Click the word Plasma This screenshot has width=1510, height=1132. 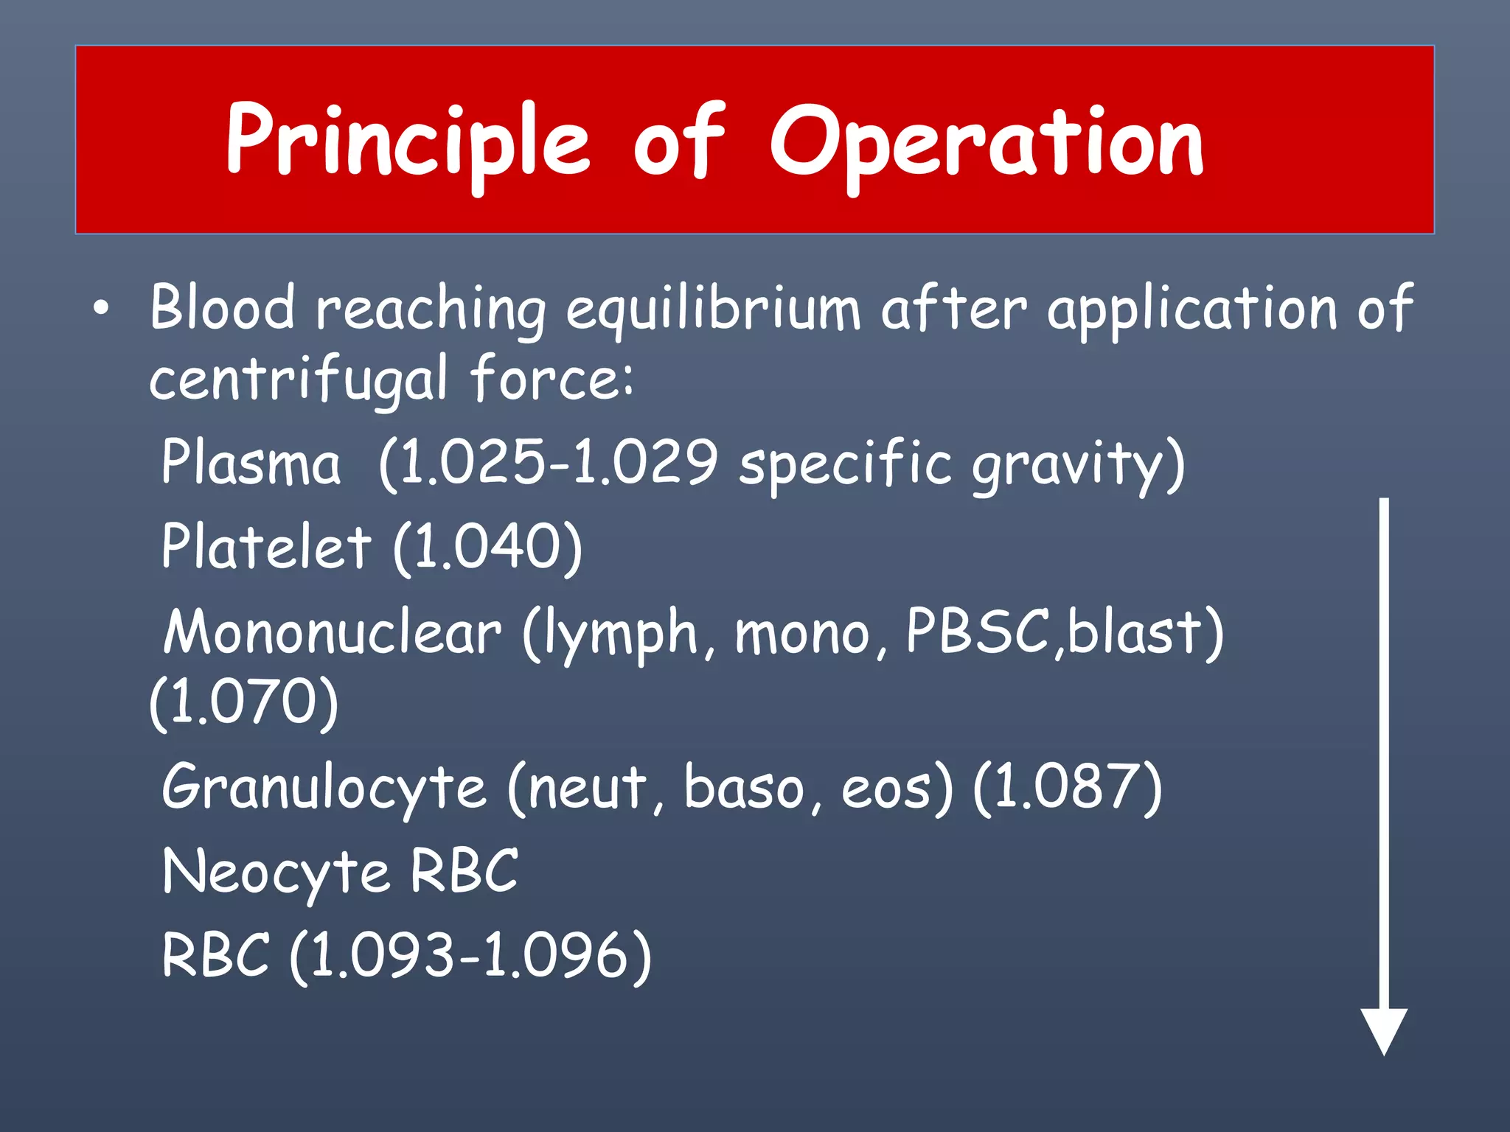click(x=251, y=463)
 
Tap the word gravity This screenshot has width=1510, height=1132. click(x=1068, y=466)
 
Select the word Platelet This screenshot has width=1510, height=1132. click(x=266, y=547)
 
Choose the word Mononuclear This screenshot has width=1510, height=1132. click(x=332, y=632)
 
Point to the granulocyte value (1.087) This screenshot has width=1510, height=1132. click(x=1067, y=789)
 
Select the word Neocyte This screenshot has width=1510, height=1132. click(x=275, y=873)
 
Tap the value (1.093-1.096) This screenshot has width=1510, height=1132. click(x=470, y=957)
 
